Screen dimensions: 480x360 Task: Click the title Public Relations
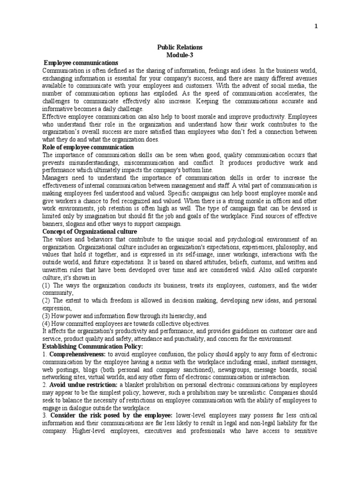click(x=180, y=48)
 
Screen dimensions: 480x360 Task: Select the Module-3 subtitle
click(x=180, y=55)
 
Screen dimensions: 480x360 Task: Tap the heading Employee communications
click(x=81, y=63)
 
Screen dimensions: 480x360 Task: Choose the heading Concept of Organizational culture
click(x=90, y=232)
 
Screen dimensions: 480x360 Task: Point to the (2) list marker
click(x=46, y=300)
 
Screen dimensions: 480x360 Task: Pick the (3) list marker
click(x=46, y=316)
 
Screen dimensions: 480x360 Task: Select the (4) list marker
click(x=46, y=323)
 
